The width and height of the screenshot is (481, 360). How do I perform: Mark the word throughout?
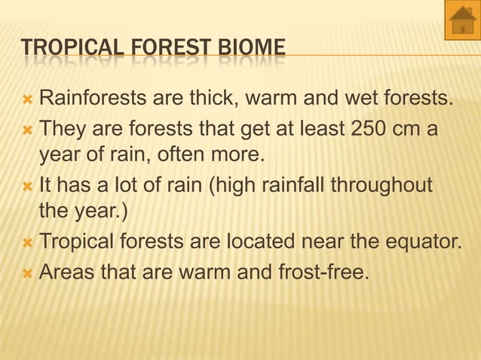tap(384, 185)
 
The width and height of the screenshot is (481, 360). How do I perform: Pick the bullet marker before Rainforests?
tap(28, 99)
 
